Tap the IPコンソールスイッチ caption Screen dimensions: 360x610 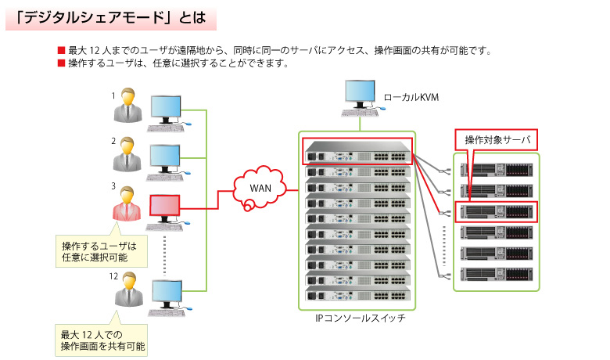tap(358, 319)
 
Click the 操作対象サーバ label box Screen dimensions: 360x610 tap(497, 139)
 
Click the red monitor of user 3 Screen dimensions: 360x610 tap(165, 207)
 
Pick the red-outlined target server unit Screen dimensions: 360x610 tap(497, 211)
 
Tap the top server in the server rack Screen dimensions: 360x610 tap(497, 169)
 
